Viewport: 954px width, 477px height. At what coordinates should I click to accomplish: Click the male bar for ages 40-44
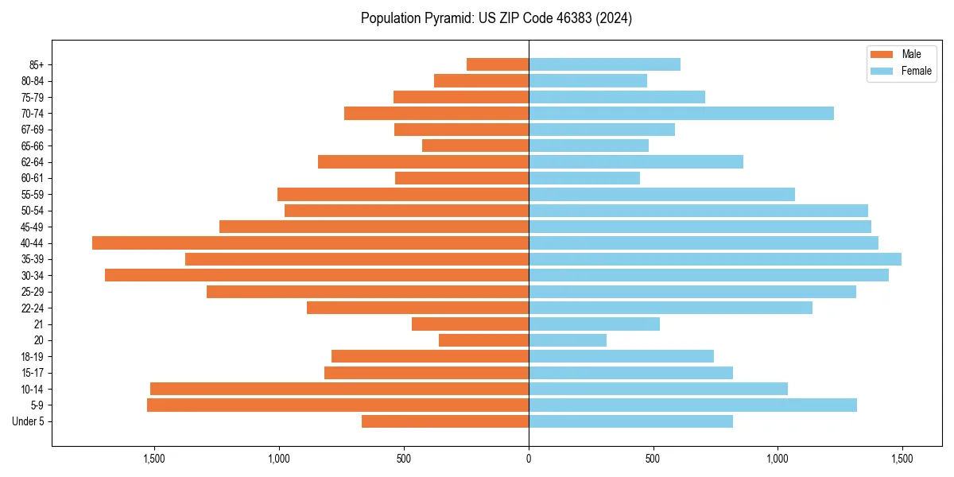(x=310, y=242)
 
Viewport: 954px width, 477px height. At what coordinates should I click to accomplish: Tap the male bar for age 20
(x=483, y=340)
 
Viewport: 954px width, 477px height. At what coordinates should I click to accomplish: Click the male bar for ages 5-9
(x=338, y=405)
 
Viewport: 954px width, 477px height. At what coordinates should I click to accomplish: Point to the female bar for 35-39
(x=715, y=259)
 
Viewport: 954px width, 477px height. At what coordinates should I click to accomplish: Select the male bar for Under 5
(x=445, y=421)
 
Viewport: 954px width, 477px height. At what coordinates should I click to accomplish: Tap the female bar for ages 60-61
(x=584, y=178)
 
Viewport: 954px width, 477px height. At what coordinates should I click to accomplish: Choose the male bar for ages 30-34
(x=316, y=275)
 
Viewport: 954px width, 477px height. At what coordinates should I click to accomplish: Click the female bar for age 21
(x=594, y=324)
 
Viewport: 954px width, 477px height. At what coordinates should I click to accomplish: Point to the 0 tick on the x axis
(x=529, y=459)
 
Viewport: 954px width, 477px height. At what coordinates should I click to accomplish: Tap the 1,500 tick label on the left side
(x=153, y=459)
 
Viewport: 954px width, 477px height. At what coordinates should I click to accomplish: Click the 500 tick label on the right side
(x=653, y=459)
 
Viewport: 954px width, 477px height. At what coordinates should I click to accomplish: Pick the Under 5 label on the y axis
(x=28, y=421)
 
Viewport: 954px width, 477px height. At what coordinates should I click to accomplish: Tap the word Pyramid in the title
(x=446, y=18)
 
